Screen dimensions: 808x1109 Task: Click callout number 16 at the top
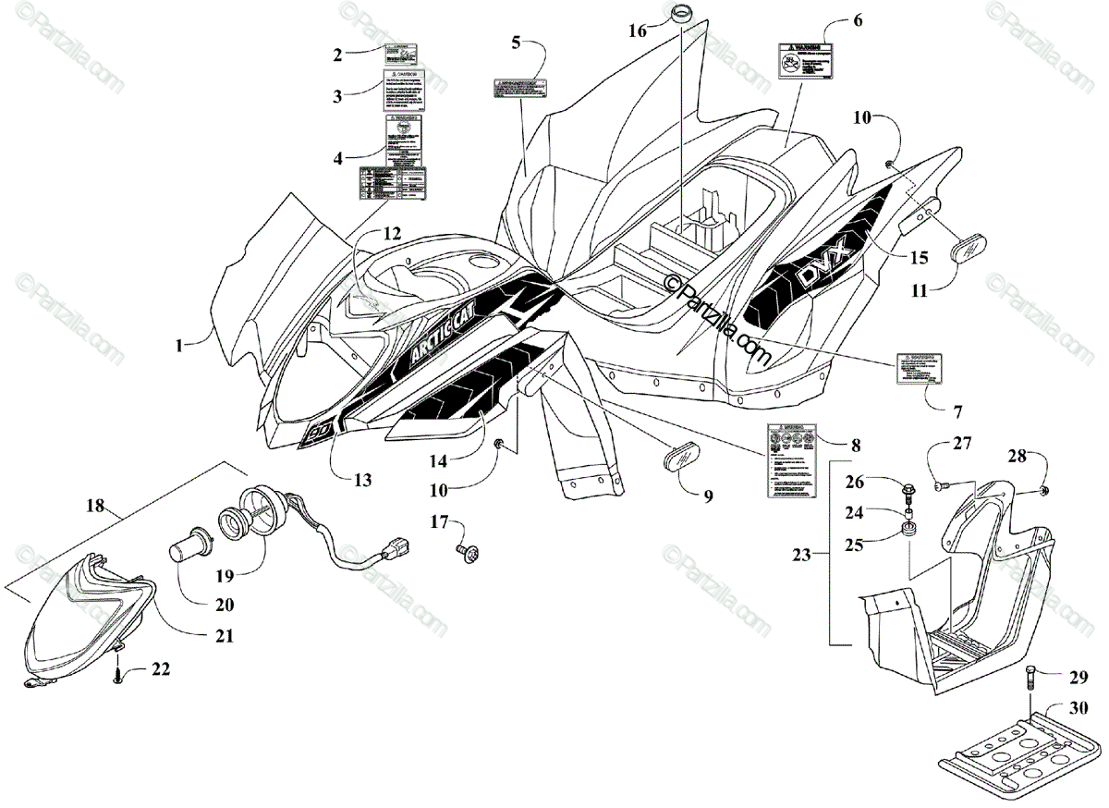point(639,30)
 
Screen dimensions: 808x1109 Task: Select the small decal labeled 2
point(404,53)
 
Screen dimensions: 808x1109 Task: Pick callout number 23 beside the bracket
point(801,556)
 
